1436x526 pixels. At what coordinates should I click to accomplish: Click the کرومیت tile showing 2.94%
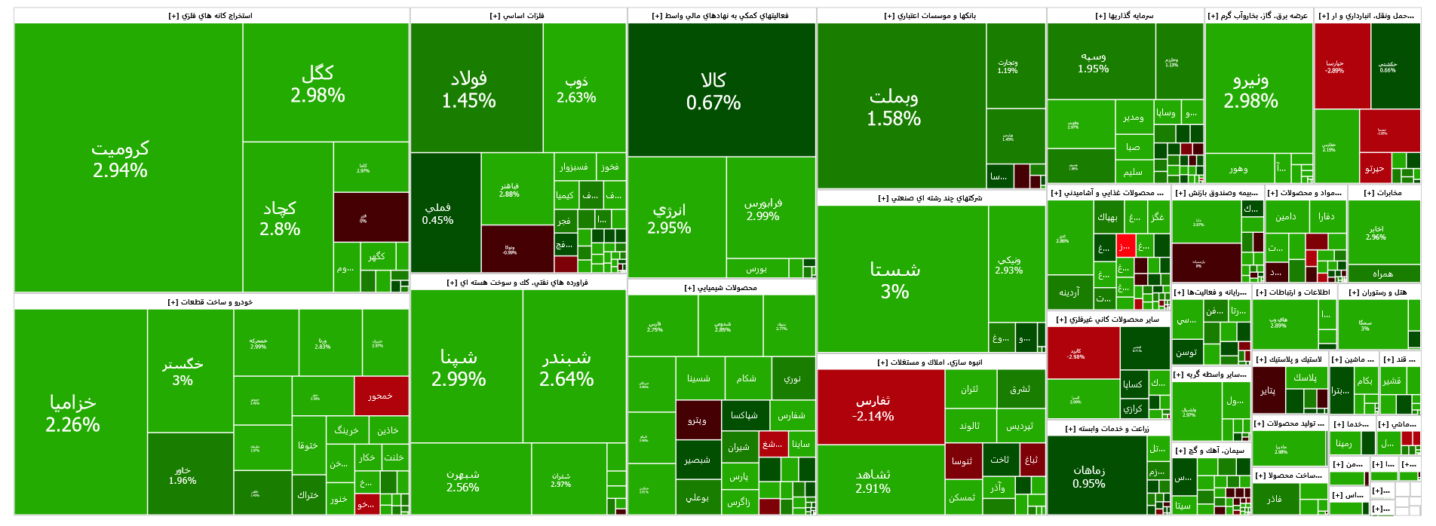pyautogui.click(x=121, y=159)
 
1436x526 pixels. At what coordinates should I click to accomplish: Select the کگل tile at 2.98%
pyautogui.click(x=318, y=84)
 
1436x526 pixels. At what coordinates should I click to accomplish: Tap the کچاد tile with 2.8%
pyautogui.click(x=280, y=218)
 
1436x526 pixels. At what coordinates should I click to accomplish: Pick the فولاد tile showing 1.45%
pyautogui.click(x=468, y=89)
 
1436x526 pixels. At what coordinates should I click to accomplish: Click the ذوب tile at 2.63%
pyautogui.click(x=576, y=89)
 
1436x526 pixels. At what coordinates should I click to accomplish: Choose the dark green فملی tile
pyautogui.click(x=438, y=213)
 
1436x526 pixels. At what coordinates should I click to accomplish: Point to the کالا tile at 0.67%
pyautogui.click(x=713, y=90)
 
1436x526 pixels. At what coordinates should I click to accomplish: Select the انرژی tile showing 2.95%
pyautogui.click(x=669, y=218)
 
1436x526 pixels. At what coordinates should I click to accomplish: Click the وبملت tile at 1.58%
pyautogui.click(x=894, y=107)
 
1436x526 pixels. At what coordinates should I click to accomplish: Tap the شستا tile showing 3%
pyautogui.click(x=894, y=280)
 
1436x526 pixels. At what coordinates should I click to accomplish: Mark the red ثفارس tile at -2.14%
pyautogui.click(x=873, y=408)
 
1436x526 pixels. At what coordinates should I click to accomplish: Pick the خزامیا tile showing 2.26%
pyautogui.click(x=72, y=413)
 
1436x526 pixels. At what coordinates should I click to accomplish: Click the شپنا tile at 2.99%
pyautogui.click(x=459, y=367)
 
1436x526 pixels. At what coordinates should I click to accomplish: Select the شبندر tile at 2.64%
pyautogui.click(x=566, y=367)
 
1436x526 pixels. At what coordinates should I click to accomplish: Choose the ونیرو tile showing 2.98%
pyautogui.click(x=1250, y=90)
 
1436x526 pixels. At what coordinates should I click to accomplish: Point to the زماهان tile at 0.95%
pyautogui.click(x=1089, y=476)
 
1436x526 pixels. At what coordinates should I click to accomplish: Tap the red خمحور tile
pyautogui.click(x=380, y=396)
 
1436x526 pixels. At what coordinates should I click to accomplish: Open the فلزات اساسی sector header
pyautogui.click(x=517, y=16)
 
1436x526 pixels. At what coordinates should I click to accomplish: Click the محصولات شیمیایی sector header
pyautogui.click(x=721, y=288)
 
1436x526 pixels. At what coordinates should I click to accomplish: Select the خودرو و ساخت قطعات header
pyautogui.click(x=210, y=302)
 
